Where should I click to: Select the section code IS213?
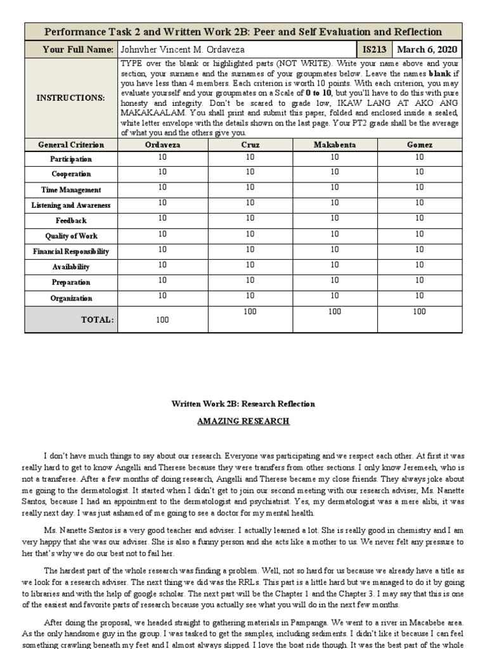click(x=374, y=49)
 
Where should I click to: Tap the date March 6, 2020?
click(x=428, y=49)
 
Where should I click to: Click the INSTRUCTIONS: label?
click(x=71, y=98)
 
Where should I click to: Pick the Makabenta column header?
click(x=335, y=145)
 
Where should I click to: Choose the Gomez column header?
click(x=419, y=145)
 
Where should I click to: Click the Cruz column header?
click(x=250, y=145)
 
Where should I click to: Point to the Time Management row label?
click(x=71, y=190)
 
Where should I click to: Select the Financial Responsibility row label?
click(x=71, y=251)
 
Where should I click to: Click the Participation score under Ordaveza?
click(x=163, y=157)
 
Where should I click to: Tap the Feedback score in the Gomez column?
click(x=419, y=218)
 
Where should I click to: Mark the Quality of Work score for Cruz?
click(x=250, y=234)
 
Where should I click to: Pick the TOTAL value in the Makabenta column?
click(x=335, y=311)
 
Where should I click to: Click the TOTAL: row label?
click(x=97, y=320)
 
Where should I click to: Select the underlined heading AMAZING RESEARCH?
click(x=243, y=421)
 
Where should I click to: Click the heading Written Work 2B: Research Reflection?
click(x=243, y=404)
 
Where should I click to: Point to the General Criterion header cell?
click(x=71, y=145)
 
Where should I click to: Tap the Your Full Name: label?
click(x=77, y=49)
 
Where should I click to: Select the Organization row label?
click(x=71, y=298)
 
